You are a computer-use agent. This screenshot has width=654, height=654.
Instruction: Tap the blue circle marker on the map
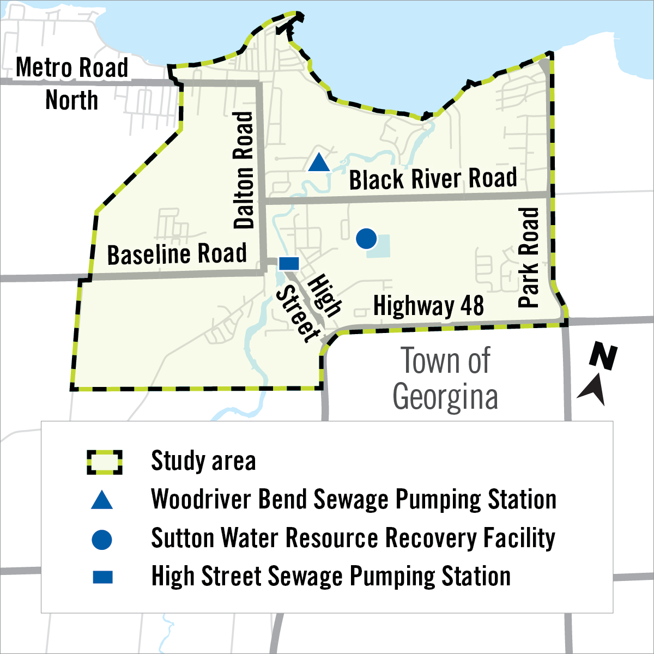[366, 238]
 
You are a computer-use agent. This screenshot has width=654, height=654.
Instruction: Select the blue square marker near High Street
[289, 264]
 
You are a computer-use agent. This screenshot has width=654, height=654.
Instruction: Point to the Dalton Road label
[244, 170]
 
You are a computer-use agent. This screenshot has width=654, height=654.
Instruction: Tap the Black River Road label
[433, 179]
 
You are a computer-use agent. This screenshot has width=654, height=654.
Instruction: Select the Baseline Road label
[177, 255]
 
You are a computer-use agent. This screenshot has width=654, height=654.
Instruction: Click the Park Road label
[528, 257]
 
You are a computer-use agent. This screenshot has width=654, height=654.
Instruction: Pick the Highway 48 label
[428, 306]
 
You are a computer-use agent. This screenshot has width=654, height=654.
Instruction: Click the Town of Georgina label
[445, 379]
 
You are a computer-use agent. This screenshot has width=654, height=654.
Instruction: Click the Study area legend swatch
[105, 462]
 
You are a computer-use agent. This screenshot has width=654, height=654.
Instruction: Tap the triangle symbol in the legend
[102, 500]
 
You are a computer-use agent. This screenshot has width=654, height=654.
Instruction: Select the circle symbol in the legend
[102, 540]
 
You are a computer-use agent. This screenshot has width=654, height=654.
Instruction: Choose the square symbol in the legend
[102, 577]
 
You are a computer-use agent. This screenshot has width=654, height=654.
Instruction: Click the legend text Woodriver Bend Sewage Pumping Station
[354, 499]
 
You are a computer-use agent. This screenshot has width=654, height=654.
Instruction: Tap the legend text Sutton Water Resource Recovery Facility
[353, 538]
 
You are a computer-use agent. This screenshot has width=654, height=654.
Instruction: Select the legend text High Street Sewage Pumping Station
[331, 577]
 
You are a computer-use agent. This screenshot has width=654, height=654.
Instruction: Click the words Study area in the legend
[203, 461]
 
